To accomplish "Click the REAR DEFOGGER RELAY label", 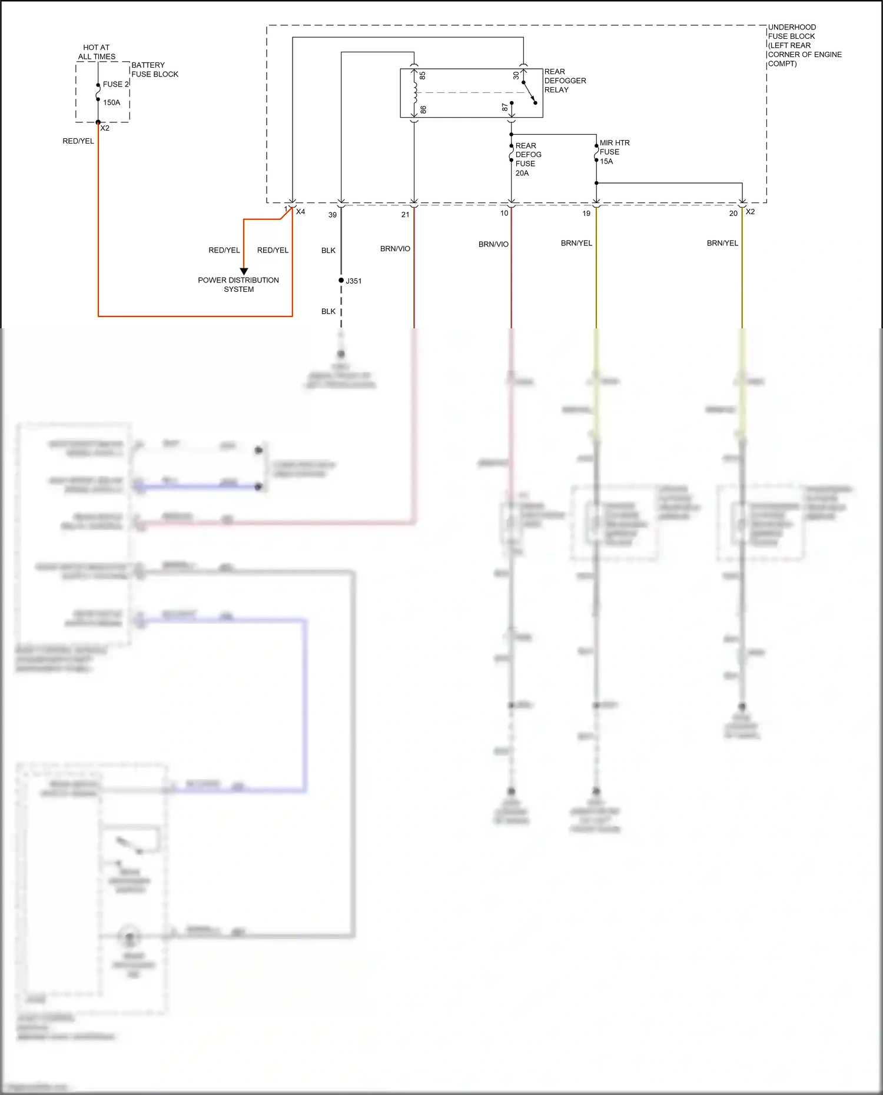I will click(565, 81).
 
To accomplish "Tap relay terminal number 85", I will click(423, 76).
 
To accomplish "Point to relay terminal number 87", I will click(505, 107).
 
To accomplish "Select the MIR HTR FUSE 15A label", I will click(614, 152).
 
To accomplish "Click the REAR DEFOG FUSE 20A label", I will click(527, 159).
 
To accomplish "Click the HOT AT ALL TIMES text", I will click(97, 52).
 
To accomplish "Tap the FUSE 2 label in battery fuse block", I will click(115, 84).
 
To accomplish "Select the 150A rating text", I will click(112, 102).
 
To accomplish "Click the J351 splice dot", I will click(341, 281).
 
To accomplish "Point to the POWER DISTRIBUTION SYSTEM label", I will click(238, 285).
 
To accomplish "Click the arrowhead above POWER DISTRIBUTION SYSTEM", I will click(244, 271).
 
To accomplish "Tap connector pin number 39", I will click(333, 215).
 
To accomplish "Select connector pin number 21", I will click(405, 215).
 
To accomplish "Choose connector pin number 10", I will click(504, 213).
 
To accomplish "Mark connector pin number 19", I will click(586, 214).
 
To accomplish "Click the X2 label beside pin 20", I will click(751, 212).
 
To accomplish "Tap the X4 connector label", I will click(300, 212).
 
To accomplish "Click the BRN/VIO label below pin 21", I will click(395, 249).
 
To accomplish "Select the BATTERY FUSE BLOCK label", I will click(154, 69).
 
